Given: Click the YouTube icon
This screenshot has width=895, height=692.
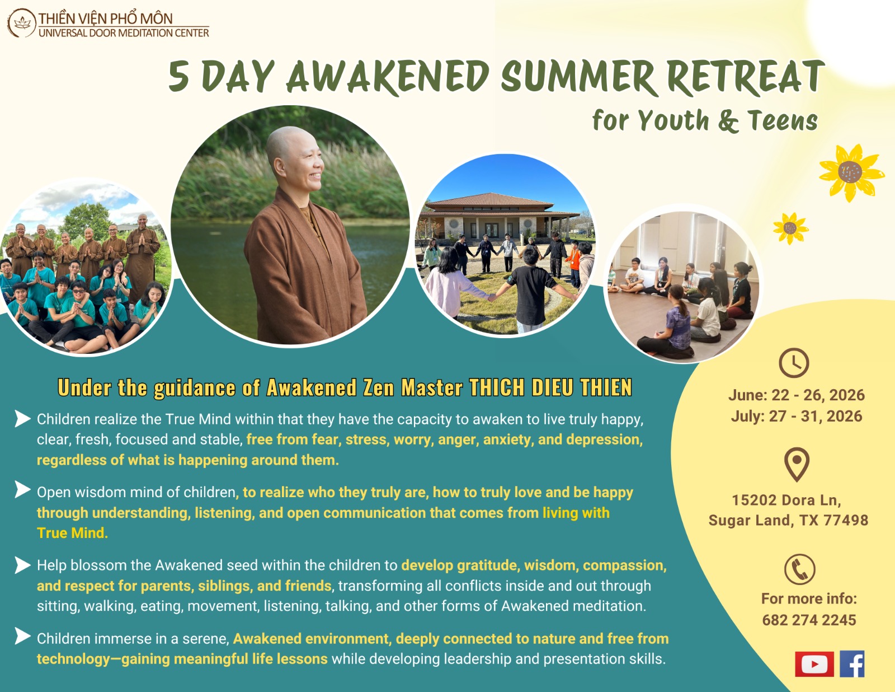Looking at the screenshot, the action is (814, 664).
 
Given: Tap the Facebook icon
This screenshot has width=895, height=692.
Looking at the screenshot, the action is (852, 664).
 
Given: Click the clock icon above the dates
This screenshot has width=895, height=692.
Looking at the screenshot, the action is (794, 363).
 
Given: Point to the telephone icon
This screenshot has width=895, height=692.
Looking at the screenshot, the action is (799, 569).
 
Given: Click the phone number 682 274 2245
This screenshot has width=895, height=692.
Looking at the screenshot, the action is (809, 620).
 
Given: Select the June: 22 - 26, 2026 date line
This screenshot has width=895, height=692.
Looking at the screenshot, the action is (796, 395).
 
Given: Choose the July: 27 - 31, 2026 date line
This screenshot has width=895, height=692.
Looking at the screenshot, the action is (796, 416).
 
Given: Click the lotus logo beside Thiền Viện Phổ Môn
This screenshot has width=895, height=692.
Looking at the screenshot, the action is (22, 23).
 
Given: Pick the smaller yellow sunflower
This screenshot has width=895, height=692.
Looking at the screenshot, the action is (790, 228).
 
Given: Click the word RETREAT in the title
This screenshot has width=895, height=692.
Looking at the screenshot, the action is (746, 77).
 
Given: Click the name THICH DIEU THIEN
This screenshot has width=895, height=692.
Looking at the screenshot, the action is (550, 387).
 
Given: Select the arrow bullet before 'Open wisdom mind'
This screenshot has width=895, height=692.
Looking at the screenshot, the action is (22, 490).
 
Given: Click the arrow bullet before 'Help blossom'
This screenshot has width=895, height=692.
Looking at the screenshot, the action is (22, 565).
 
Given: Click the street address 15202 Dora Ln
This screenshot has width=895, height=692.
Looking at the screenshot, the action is (786, 500).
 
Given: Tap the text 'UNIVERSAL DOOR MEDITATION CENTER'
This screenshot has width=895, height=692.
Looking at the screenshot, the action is (124, 33).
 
